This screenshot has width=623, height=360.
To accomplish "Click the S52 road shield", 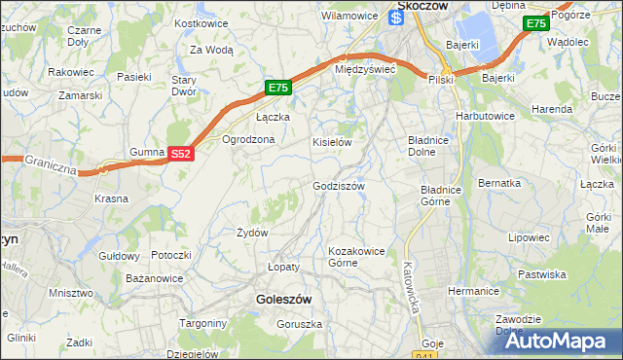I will [180, 154].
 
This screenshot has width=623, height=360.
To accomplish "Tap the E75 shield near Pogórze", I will [534, 23].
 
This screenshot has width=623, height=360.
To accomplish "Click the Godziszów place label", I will [339, 186].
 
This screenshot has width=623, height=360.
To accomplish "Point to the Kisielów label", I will [331, 142].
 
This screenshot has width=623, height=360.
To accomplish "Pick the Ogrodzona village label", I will [249, 139].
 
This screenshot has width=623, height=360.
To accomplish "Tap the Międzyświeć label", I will [364, 70].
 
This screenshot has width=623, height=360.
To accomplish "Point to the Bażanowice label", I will [155, 278].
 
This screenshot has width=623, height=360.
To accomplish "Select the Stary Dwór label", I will [185, 87].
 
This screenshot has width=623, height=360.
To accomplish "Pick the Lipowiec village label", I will [530, 236].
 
